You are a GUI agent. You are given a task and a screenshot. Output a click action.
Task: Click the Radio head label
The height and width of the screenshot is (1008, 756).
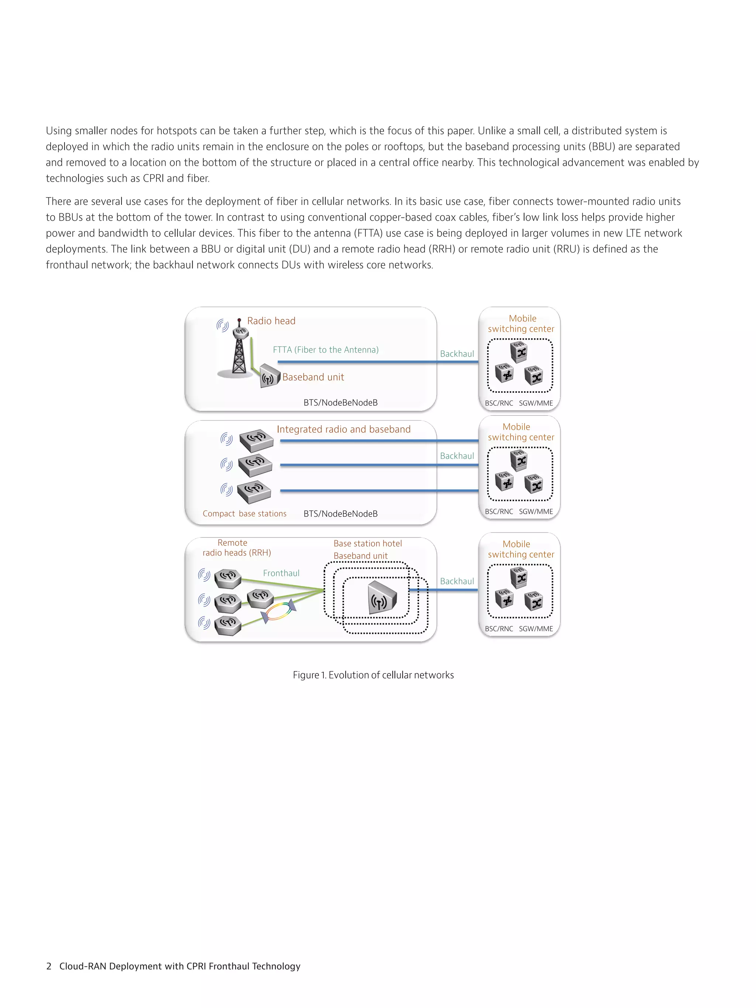point(271,321)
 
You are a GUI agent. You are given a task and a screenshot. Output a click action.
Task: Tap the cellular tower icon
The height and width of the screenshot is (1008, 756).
point(239,351)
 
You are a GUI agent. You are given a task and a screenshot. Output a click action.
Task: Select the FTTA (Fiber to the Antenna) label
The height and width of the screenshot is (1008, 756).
point(325,350)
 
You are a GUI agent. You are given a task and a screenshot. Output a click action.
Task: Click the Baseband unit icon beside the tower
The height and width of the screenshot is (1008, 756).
point(269,376)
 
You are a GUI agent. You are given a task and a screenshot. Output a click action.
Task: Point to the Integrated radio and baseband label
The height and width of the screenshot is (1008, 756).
point(343,429)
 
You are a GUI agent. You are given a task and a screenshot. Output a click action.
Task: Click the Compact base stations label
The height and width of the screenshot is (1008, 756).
point(244,513)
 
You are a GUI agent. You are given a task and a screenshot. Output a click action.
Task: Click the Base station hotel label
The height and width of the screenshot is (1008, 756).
point(367,543)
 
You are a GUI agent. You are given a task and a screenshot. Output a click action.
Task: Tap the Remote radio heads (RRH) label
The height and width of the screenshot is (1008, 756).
point(237,548)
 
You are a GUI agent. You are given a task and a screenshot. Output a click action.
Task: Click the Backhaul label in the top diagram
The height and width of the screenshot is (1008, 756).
point(457,354)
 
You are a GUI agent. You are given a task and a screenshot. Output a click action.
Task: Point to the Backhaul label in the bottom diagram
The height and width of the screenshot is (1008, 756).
point(457,581)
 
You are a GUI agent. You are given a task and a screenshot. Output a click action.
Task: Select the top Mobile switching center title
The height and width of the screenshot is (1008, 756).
point(521,324)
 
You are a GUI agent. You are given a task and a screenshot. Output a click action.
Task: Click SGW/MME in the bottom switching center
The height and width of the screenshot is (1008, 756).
point(536,629)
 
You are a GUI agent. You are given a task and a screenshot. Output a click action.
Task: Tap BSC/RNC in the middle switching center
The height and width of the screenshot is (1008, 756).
point(499,511)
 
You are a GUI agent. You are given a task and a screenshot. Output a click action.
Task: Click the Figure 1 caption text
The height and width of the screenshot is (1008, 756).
point(373,675)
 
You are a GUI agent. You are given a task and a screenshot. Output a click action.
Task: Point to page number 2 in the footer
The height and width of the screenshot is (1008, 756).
point(49,966)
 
